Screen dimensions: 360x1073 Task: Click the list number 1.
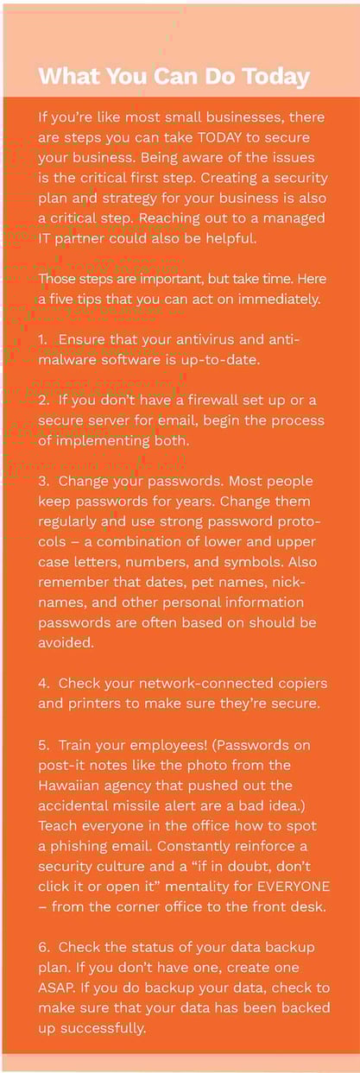click(42, 339)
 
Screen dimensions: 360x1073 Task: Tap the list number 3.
click(43, 481)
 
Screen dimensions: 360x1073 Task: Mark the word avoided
click(66, 642)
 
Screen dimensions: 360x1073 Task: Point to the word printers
click(94, 704)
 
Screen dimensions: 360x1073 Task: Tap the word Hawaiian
click(68, 786)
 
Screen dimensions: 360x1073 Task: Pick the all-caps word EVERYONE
click(294, 887)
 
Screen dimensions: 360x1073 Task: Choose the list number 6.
click(43, 948)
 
